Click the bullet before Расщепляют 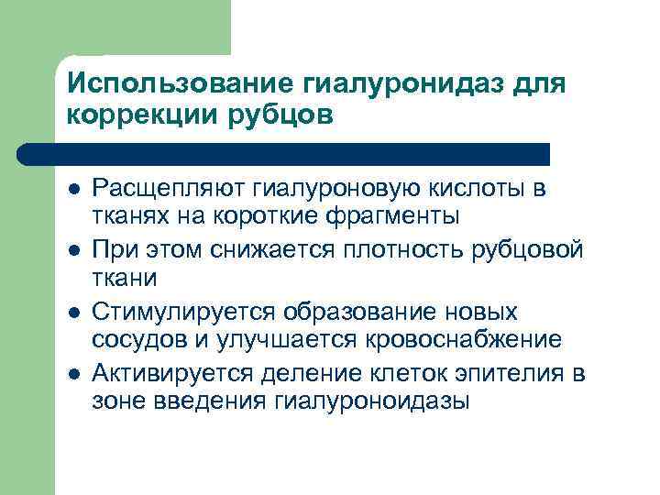72,191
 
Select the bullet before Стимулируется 72,313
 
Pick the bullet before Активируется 72,373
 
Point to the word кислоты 483,190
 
